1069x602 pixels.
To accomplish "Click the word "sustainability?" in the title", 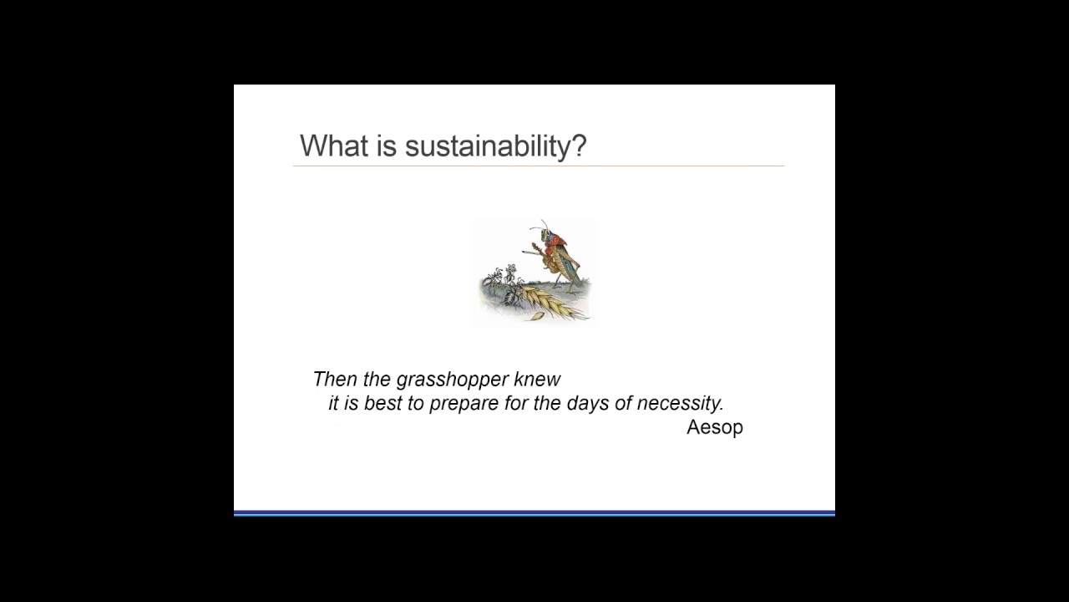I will click(496, 146).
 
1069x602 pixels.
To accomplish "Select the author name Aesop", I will click(714, 427).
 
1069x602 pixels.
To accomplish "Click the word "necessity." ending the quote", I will click(681, 403).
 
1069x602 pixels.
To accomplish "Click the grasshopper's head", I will click(544, 233).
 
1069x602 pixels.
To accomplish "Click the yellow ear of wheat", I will click(548, 301).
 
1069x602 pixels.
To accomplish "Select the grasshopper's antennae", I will click(544, 225).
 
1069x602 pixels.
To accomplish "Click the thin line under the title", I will click(539, 166).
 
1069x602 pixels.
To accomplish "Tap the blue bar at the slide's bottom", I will click(534, 513).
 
